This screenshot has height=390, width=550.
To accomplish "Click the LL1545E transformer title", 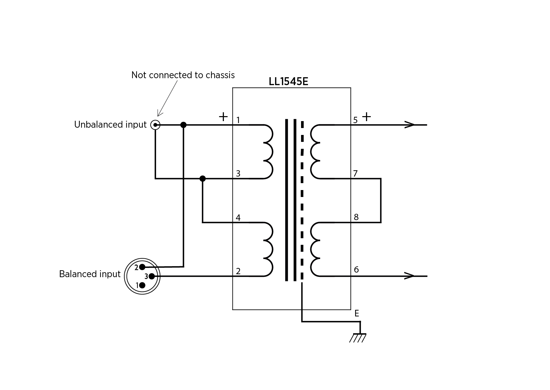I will point(288,81).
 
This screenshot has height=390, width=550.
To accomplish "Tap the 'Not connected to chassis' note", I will point(183,75).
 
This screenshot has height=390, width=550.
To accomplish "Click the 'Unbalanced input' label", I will point(110,125).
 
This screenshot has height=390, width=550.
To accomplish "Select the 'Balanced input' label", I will point(90,274).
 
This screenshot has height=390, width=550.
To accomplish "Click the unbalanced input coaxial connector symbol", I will point(155,125).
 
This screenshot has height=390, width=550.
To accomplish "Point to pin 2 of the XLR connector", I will point(142,267).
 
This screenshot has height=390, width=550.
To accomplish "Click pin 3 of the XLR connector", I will point(151,276).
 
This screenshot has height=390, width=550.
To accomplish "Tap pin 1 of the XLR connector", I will point(142,285).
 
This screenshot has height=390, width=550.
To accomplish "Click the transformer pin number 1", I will point(238,120).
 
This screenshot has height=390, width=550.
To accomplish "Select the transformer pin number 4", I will point(238,218).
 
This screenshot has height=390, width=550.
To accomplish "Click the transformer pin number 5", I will point(355,120).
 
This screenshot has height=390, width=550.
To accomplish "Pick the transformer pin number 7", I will point(355,174).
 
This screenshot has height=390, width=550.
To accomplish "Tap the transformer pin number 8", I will point(356,217).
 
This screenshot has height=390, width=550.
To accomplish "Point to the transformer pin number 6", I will point(356,270).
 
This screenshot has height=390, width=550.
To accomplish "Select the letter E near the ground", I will point(356,313).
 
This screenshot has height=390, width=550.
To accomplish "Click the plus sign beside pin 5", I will point(366,116).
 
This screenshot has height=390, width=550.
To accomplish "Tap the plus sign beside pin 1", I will point(223,116).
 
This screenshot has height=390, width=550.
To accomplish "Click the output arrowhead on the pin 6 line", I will point(409,276).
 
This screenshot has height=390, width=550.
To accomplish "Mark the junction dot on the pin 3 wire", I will point(202,179).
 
